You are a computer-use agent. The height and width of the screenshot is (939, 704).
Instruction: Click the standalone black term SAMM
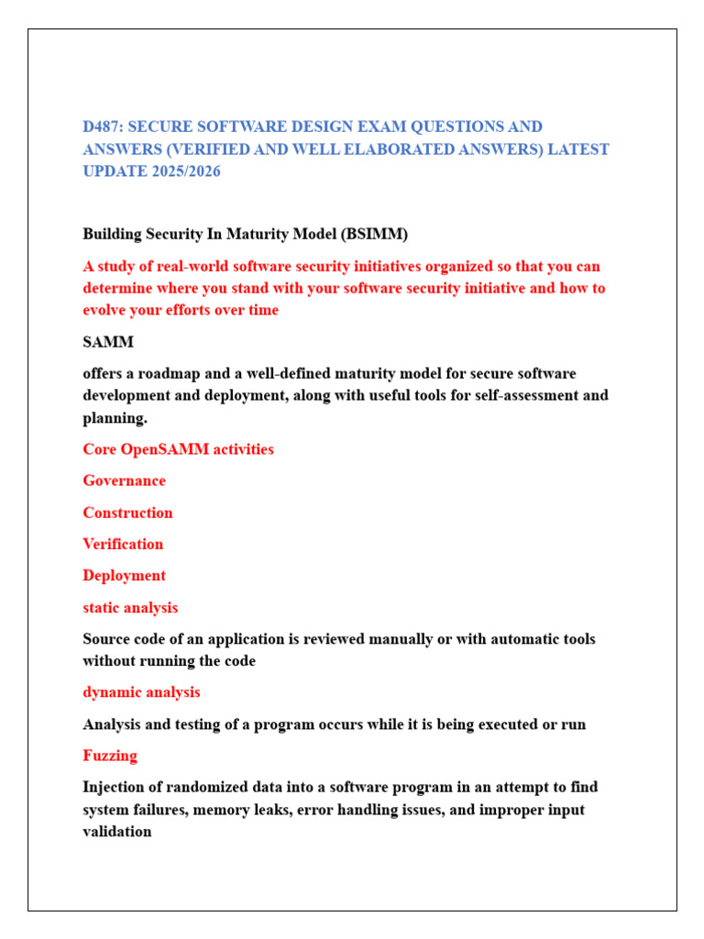[x=108, y=342]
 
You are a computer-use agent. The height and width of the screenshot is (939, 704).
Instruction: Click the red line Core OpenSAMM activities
[x=178, y=449]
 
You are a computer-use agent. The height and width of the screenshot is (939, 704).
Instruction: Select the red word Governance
[x=124, y=481]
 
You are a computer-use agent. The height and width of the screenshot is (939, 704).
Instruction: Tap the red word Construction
[x=127, y=513]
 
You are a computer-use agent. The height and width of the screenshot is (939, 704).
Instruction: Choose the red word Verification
[x=123, y=544]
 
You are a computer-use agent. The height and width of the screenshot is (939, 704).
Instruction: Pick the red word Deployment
[x=124, y=576]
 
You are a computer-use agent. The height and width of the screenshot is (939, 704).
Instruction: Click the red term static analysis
[x=130, y=607]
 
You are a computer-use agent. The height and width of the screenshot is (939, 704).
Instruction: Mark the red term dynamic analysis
[x=141, y=692]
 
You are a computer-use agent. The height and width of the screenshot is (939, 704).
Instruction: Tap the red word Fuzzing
[x=110, y=756]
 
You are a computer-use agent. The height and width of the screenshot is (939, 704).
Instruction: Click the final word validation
[x=117, y=832]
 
